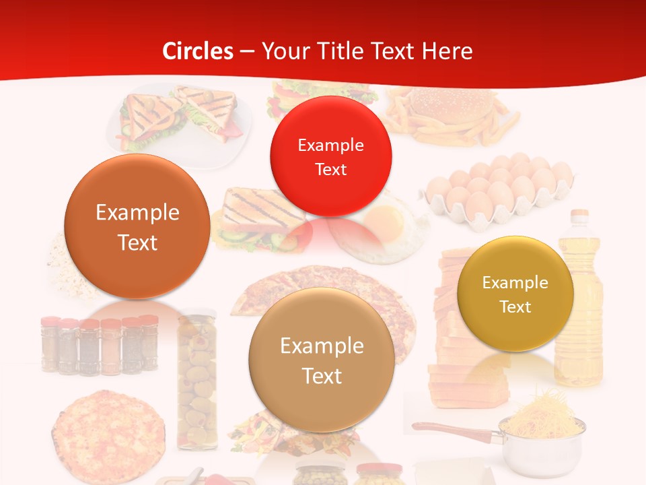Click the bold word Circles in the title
197,51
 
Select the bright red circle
330,156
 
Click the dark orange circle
137,226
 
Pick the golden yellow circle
515,294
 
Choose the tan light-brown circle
322,360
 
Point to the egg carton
498,192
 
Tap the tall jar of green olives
197,381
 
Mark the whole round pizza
108,432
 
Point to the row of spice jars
100,345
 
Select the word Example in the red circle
330,145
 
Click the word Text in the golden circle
515,307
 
